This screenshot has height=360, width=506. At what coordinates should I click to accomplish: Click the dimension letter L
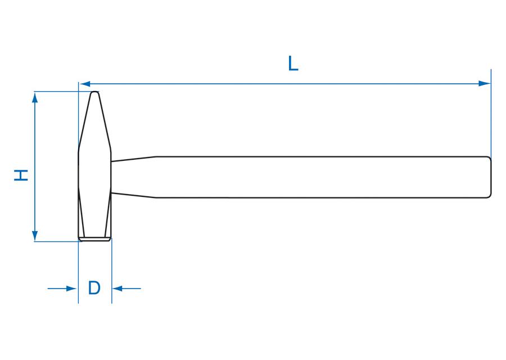[293, 64]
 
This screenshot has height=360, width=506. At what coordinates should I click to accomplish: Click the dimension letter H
[21, 175]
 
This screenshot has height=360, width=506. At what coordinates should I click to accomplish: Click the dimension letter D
[94, 287]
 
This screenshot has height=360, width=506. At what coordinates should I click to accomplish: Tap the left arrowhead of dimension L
[85, 84]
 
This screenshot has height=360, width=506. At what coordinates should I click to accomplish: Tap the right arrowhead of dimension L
[485, 84]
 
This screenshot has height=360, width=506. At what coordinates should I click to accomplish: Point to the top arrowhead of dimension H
[35, 97]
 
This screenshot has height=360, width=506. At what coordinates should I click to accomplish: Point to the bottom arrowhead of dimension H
[35, 236]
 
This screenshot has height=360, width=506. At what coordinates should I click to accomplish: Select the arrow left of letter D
[62, 289]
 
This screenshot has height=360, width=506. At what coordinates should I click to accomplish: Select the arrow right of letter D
[126, 289]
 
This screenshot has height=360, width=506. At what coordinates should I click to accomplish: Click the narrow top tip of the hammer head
[94, 93]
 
